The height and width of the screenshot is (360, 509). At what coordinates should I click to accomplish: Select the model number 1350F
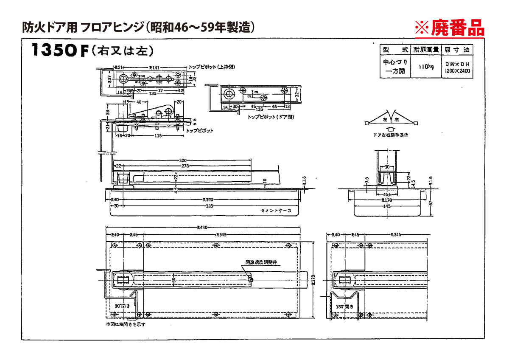point(59,51)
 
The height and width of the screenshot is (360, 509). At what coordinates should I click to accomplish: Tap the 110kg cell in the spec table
point(425,67)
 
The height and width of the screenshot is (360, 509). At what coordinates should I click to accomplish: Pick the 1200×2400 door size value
point(457,71)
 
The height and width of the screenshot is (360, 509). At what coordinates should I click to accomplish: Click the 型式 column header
point(395,50)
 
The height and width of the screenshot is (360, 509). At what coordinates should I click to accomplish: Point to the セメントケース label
point(276,211)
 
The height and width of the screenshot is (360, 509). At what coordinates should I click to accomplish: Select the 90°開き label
point(122,306)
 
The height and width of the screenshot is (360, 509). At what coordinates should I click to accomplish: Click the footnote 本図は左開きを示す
point(126,324)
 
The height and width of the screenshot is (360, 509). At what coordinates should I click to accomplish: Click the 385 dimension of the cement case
point(209,206)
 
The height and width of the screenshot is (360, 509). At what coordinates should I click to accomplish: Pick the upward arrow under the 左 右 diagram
point(391,129)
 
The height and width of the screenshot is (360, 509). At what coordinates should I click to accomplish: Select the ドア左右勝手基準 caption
point(391,135)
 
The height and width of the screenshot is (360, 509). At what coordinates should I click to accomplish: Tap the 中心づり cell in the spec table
point(394,62)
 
